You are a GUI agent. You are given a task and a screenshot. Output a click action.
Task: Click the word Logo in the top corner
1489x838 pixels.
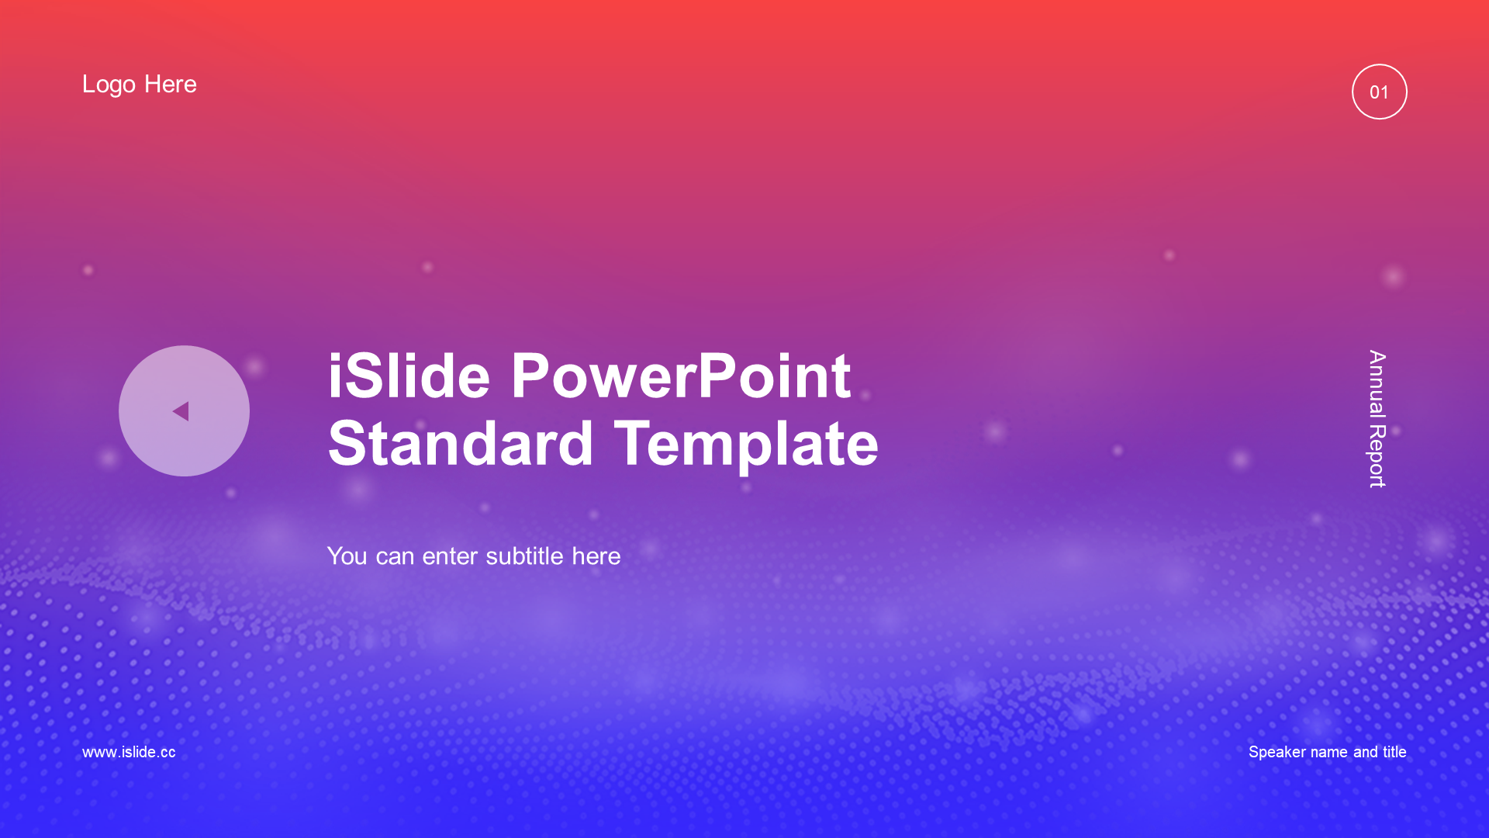pos(109,85)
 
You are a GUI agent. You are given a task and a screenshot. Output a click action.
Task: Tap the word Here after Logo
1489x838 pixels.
pos(171,84)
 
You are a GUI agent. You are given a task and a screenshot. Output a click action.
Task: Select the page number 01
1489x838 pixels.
pos(1379,92)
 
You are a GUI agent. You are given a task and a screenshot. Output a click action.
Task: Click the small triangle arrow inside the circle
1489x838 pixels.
pos(181,411)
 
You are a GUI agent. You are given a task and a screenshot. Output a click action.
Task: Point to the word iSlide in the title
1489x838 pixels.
pos(409,376)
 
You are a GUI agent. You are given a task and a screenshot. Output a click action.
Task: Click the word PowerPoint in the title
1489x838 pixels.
pos(681,376)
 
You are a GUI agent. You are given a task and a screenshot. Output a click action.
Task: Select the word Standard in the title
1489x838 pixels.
pos(461,444)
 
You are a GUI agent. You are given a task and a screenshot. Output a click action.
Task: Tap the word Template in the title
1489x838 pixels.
pos(746,445)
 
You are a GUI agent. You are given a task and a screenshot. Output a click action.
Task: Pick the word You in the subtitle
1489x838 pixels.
pos(347,556)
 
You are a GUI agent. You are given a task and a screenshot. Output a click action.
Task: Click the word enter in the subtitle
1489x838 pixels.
pos(450,556)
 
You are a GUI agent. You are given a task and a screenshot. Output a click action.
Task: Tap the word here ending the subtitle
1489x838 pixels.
pos(596,556)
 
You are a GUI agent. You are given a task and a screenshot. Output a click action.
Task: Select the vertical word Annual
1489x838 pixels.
pos(1377,383)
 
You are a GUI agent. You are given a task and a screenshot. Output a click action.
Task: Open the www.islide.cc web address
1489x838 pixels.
pos(129,752)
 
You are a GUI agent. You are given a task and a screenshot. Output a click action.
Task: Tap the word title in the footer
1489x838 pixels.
pos(1394,751)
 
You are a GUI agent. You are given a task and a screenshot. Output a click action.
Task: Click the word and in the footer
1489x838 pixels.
pos(1366,751)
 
